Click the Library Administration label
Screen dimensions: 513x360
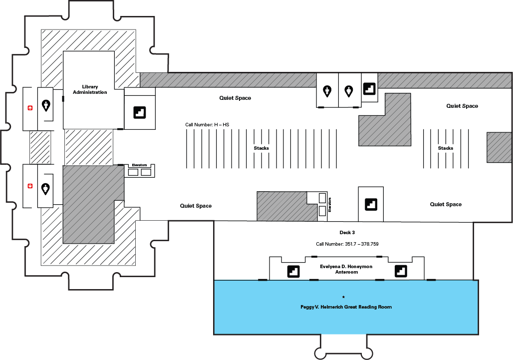click(x=90, y=89)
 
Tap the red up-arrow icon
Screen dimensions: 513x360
click(x=30, y=108)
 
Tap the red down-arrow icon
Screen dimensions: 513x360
click(x=30, y=186)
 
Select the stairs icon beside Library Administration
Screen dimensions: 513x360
click(x=139, y=112)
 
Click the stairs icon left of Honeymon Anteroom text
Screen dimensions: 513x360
click(x=293, y=272)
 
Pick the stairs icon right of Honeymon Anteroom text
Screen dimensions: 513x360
click(x=401, y=271)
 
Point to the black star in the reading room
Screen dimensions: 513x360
click(x=343, y=297)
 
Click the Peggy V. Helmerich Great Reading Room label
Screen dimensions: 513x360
click(x=346, y=307)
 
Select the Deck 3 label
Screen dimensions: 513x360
click(x=347, y=232)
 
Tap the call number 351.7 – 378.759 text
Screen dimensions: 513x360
click(x=347, y=244)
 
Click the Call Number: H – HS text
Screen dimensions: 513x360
click(x=207, y=125)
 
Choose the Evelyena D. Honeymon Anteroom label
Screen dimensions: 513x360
click(x=346, y=269)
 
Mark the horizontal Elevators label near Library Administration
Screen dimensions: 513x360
click(x=139, y=165)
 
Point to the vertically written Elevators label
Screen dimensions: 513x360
click(x=329, y=205)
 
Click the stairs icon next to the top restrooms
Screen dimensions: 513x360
click(x=369, y=88)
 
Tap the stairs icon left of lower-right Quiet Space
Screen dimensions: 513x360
click(x=371, y=205)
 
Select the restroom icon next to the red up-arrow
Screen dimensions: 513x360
click(x=46, y=105)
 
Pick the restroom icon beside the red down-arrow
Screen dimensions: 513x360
click(x=45, y=189)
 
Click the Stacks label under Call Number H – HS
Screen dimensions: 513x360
click(x=261, y=148)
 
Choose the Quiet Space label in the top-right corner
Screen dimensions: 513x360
click(x=462, y=106)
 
